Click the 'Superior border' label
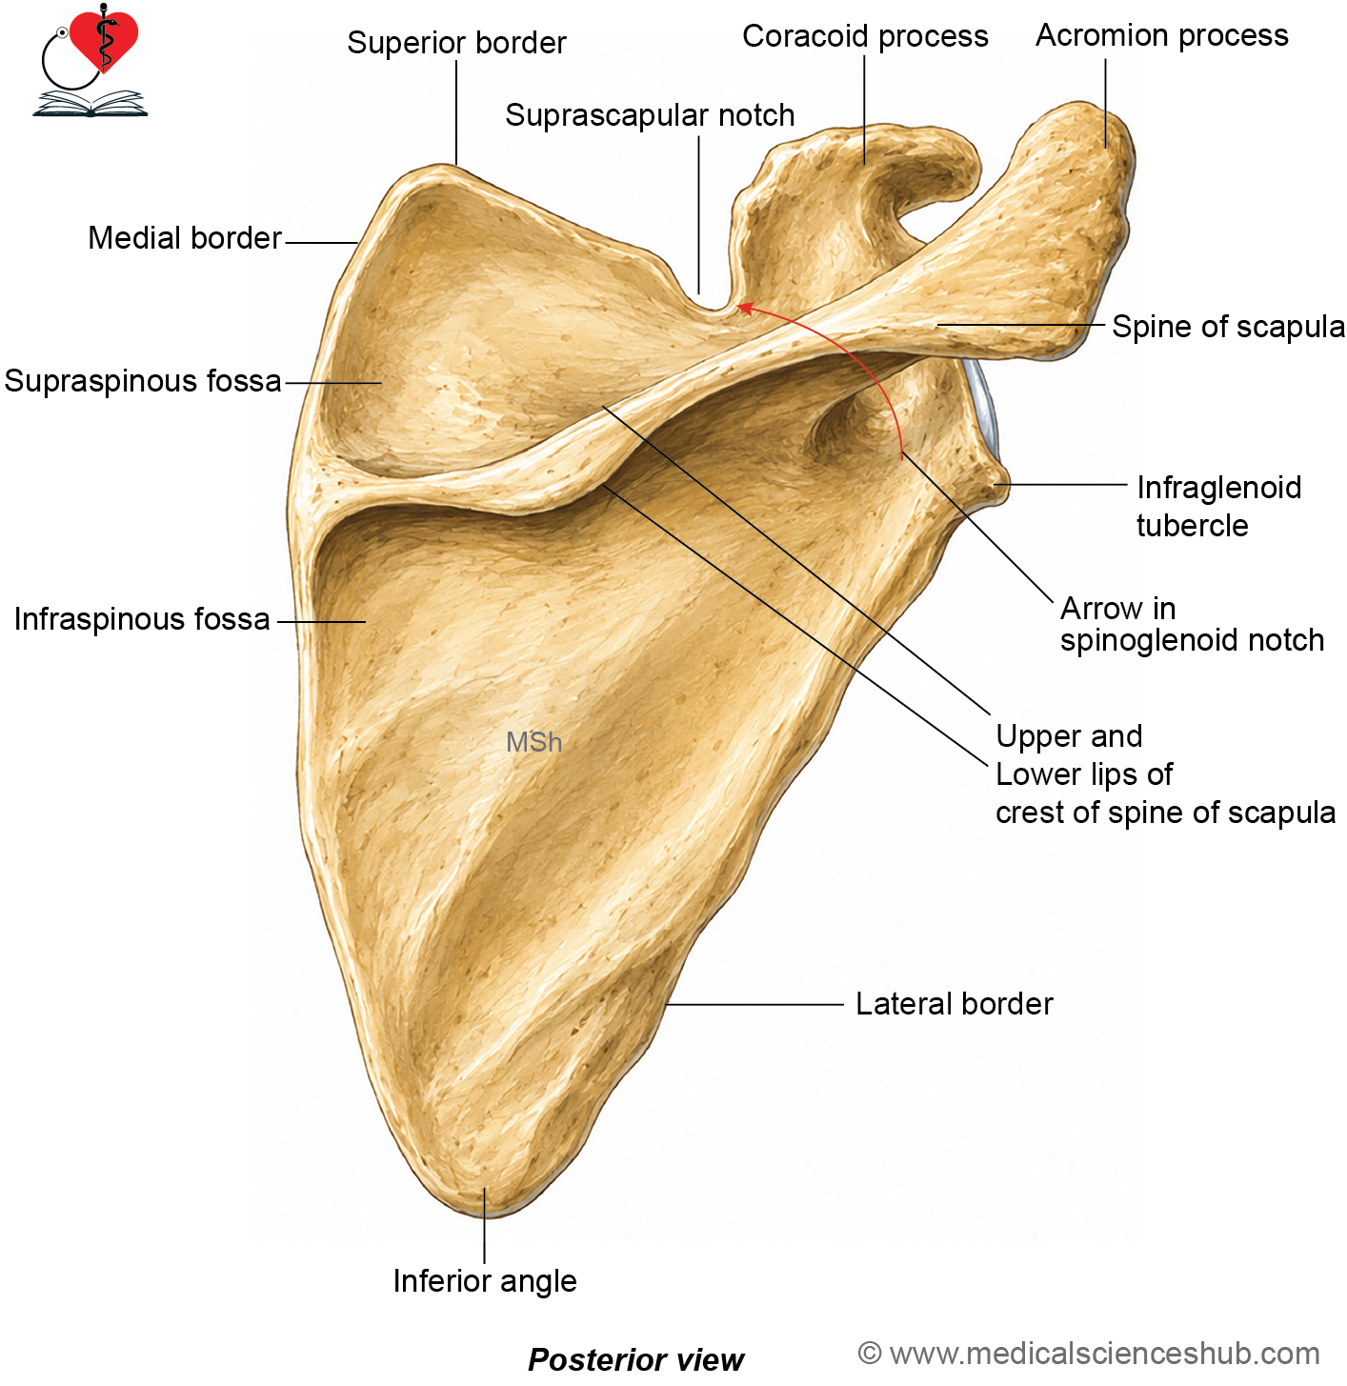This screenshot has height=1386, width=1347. pyautogui.click(x=456, y=43)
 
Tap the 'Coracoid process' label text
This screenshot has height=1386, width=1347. pyautogui.click(x=865, y=36)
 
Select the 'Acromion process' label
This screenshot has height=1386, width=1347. pyautogui.click(x=1162, y=35)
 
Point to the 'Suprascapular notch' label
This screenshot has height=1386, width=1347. pyautogui.click(x=650, y=115)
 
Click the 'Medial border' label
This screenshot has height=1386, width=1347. pyautogui.click(x=185, y=238)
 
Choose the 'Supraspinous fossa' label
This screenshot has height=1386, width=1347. pyautogui.click(x=143, y=381)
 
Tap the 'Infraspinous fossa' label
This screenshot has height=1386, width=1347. pyautogui.click(x=142, y=619)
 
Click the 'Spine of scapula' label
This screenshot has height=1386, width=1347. pyautogui.click(x=1228, y=327)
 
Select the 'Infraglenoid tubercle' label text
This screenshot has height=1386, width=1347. pyautogui.click(x=1218, y=507)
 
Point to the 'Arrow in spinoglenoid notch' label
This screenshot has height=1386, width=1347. pyautogui.click(x=1192, y=624)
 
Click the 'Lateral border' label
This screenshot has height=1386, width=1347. pyautogui.click(x=954, y=1003)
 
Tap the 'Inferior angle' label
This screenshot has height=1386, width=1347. pyautogui.click(x=484, y=1280)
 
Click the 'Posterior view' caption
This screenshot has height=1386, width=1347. pyautogui.click(x=635, y=1359)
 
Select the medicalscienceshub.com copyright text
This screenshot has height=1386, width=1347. pyautogui.click(x=1089, y=1354)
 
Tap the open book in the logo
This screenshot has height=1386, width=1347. pyautogui.click(x=90, y=103)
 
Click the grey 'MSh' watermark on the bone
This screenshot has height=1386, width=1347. pyautogui.click(x=533, y=742)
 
